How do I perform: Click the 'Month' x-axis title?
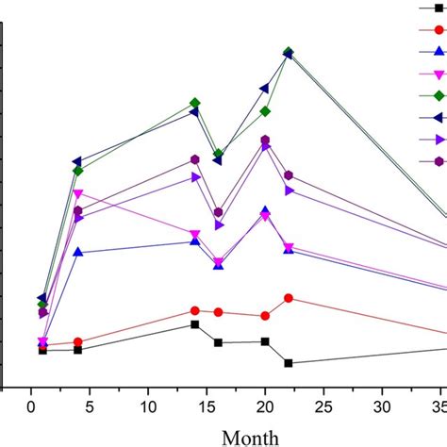[x=249, y=436]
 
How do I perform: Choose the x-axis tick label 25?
[x=323, y=405]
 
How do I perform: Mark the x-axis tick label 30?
[x=382, y=405]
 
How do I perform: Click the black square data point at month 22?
[x=288, y=363]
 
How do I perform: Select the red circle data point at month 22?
[x=288, y=298]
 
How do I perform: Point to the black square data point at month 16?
[x=218, y=342]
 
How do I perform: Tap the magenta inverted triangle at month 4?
[x=77, y=194]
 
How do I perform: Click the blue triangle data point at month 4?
[x=77, y=253]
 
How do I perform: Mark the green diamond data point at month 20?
[x=265, y=111]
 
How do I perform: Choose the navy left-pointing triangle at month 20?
[x=265, y=89]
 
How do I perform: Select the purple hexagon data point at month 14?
[x=195, y=159]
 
